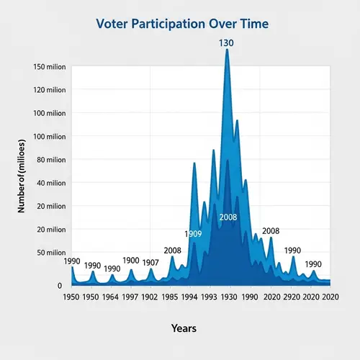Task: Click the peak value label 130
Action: tap(227, 43)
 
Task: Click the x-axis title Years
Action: tap(184, 328)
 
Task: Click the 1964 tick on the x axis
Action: tap(110, 297)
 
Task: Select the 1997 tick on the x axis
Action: tap(130, 297)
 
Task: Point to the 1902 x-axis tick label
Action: tap(150, 297)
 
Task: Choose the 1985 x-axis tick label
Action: tap(170, 297)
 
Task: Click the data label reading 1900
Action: tap(131, 261)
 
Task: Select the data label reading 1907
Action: tap(150, 262)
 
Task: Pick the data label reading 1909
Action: tap(193, 234)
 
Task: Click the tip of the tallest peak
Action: tap(228, 50)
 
